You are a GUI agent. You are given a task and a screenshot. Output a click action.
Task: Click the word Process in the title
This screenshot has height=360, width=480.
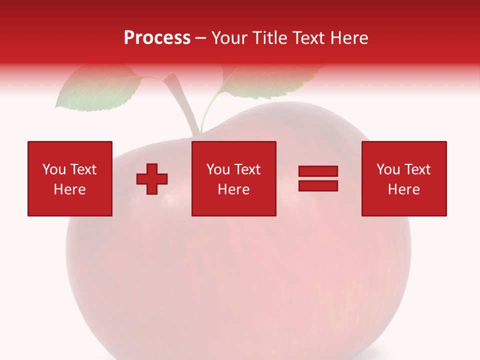point(157,38)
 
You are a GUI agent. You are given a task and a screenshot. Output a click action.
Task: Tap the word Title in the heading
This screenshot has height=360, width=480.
point(268,38)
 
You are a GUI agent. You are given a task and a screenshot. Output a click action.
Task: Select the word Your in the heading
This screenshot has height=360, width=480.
point(229,38)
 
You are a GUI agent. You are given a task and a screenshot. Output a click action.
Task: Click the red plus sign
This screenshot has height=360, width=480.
point(152,179)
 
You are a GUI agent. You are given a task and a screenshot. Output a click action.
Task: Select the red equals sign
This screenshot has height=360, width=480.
point(318,178)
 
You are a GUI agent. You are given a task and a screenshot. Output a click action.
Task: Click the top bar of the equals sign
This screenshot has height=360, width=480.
point(318,171)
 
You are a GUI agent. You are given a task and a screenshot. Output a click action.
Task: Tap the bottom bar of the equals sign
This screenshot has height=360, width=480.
point(318,185)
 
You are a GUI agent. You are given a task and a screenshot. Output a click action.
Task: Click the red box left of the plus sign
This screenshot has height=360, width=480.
point(70,178)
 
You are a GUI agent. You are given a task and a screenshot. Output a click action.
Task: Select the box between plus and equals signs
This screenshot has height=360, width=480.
point(233,178)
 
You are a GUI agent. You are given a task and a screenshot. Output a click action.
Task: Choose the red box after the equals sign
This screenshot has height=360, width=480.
point(404,178)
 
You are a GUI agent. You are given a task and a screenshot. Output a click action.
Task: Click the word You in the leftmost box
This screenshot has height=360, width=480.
point(54,169)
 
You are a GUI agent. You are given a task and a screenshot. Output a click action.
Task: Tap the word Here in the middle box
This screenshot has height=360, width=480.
point(233,189)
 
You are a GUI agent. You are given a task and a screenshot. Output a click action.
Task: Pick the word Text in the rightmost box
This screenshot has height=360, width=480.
point(417,169)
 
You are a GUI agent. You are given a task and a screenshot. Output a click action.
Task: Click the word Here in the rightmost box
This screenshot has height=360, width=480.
point(404,189)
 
